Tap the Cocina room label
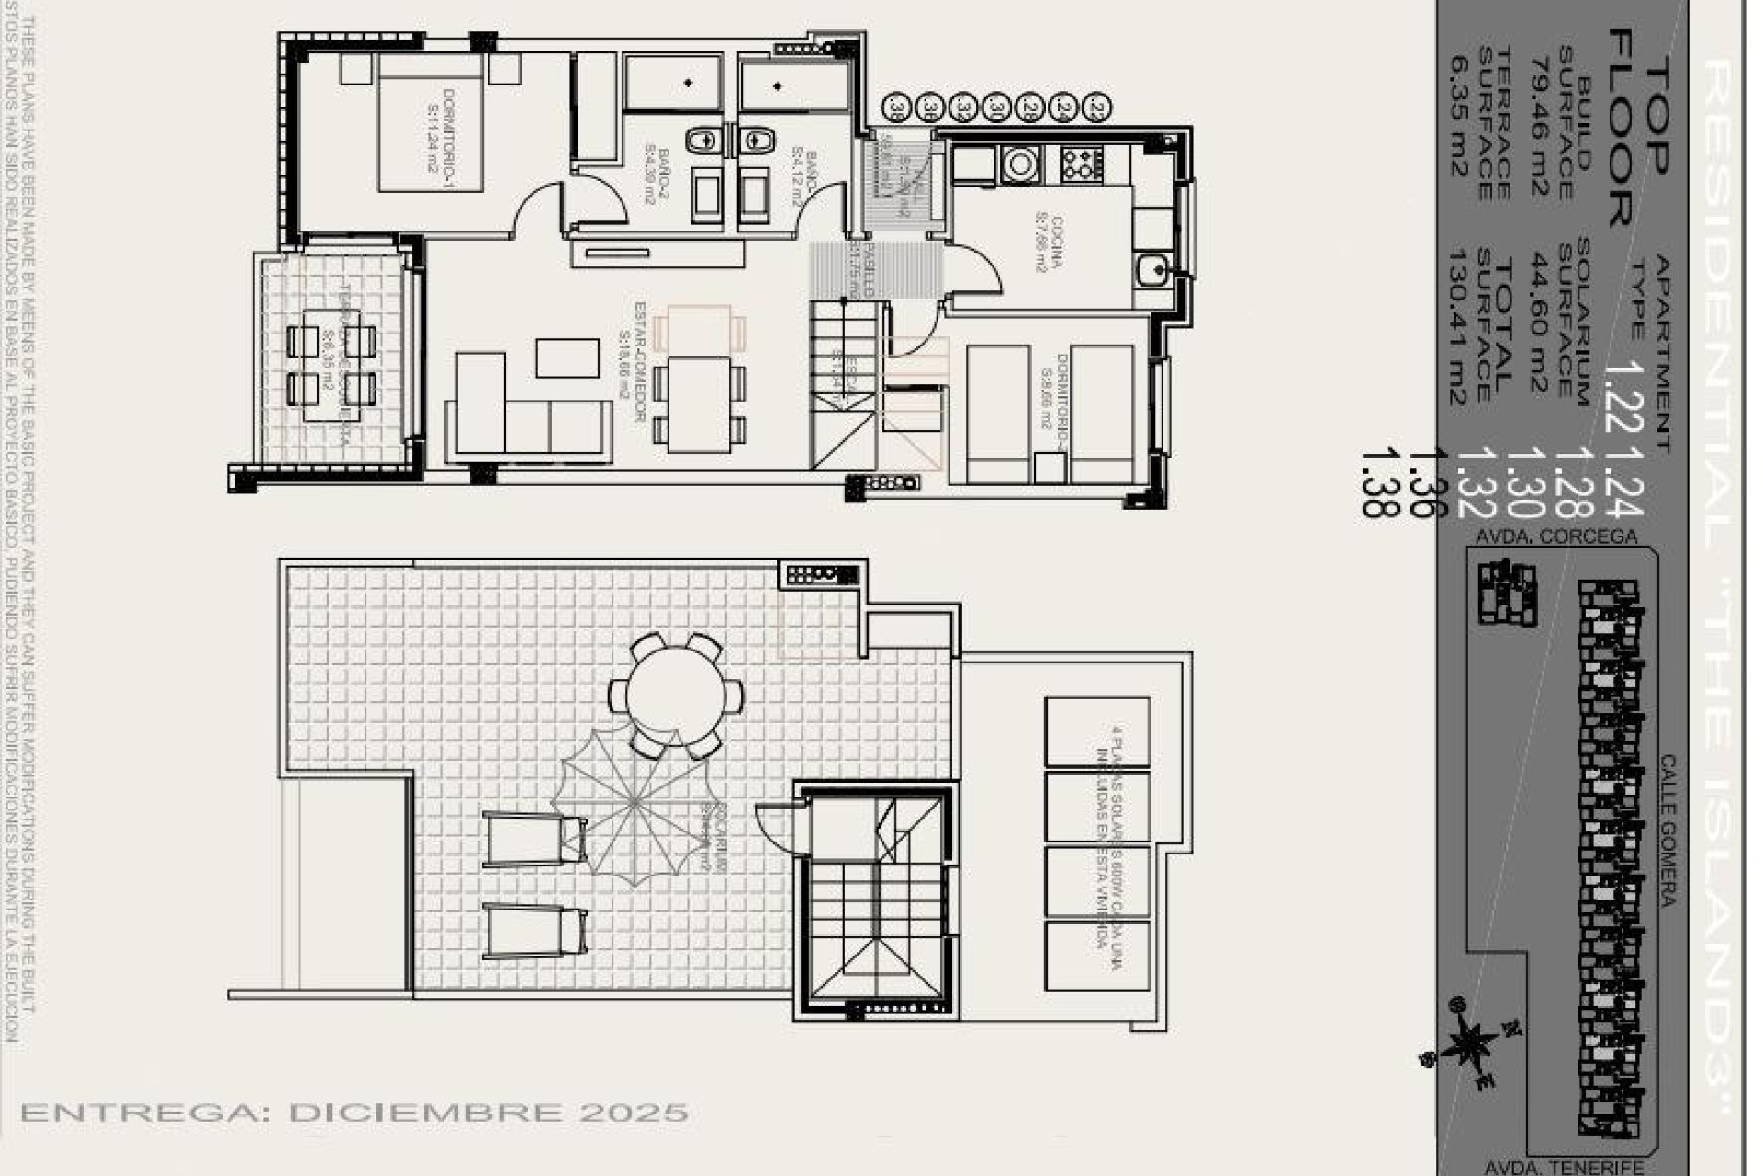point(1044,244)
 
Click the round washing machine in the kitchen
point(1018,164)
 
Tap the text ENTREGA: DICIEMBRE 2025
point(354,1113)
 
